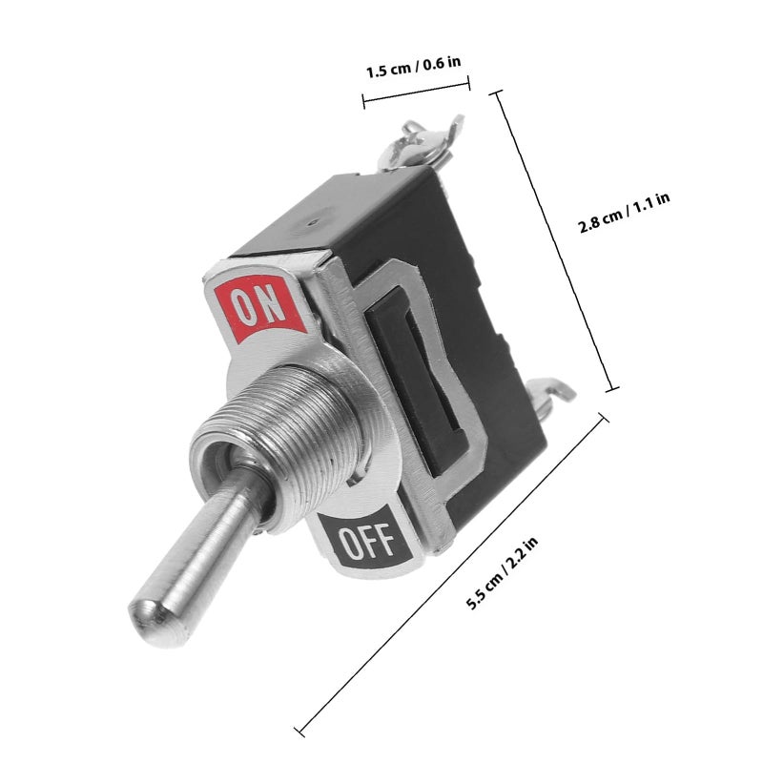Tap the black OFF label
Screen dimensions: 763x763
click(364, 540)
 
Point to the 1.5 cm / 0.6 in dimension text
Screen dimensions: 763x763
click(413, 67)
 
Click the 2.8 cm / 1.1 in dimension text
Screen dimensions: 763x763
click(624, 212)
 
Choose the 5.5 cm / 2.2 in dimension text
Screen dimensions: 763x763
click(502, 573)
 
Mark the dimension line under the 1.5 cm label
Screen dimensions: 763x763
click(417, 92)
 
